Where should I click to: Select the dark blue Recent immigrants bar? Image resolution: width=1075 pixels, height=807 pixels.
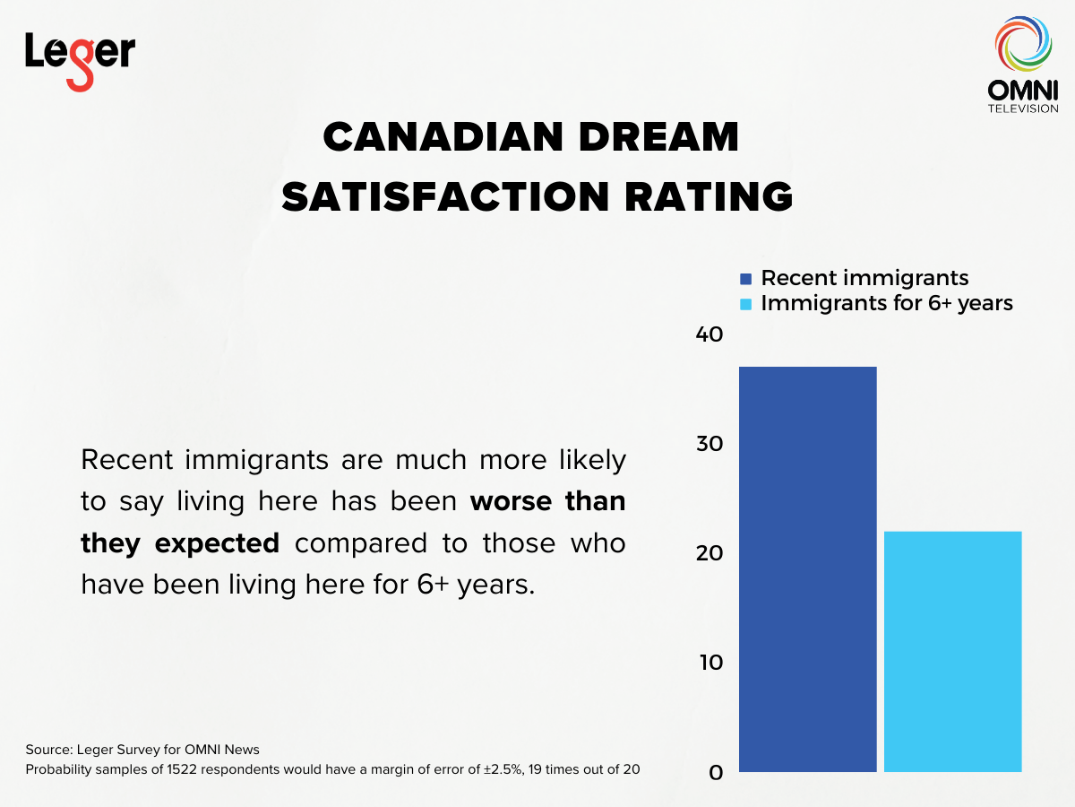tap(807, 568)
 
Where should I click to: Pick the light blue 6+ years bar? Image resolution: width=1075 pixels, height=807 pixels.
tap(952, 651)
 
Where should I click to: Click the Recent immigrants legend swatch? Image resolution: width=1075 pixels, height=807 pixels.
tap(745, 279)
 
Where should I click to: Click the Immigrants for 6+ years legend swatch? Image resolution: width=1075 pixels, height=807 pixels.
tap(745, 304)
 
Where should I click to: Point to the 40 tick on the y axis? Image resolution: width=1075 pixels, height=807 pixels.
tap(709, 334)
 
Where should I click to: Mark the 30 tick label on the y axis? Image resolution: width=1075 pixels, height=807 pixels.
tap(709, 444)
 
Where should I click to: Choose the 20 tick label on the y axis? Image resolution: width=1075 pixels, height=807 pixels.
tap(709, 553)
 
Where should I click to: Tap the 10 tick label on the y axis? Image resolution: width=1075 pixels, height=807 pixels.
tap(709, 663)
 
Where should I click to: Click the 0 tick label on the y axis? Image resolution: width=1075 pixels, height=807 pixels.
tap(716, 772)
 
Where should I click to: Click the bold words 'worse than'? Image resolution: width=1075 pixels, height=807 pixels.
tap(548, 500)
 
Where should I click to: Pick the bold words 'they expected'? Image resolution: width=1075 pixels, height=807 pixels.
tap(180, 542)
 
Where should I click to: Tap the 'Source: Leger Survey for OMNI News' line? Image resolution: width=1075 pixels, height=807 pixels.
tap(142, 749)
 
